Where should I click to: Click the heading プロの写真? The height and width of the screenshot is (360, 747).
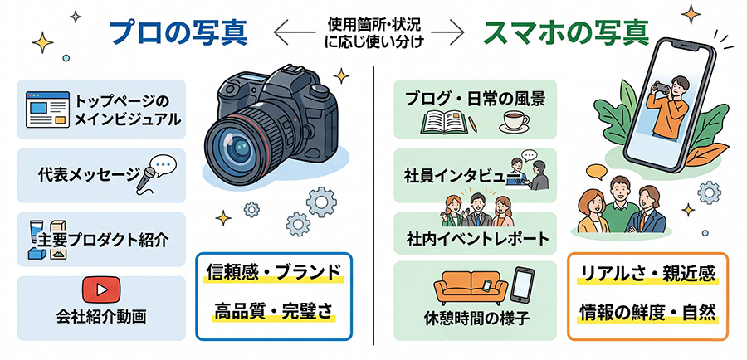click(178, 33)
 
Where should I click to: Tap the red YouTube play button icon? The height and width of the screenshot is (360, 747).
click(101, 289)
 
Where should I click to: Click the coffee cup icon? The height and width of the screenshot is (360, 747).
click(514, 123)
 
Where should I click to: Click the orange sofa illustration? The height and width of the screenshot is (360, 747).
click(471, 289)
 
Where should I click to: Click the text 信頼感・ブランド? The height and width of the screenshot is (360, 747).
click(273, 273)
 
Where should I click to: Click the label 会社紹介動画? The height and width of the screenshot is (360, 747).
click(101, 317)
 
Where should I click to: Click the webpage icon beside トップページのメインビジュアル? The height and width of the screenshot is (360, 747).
click(47, 109)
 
